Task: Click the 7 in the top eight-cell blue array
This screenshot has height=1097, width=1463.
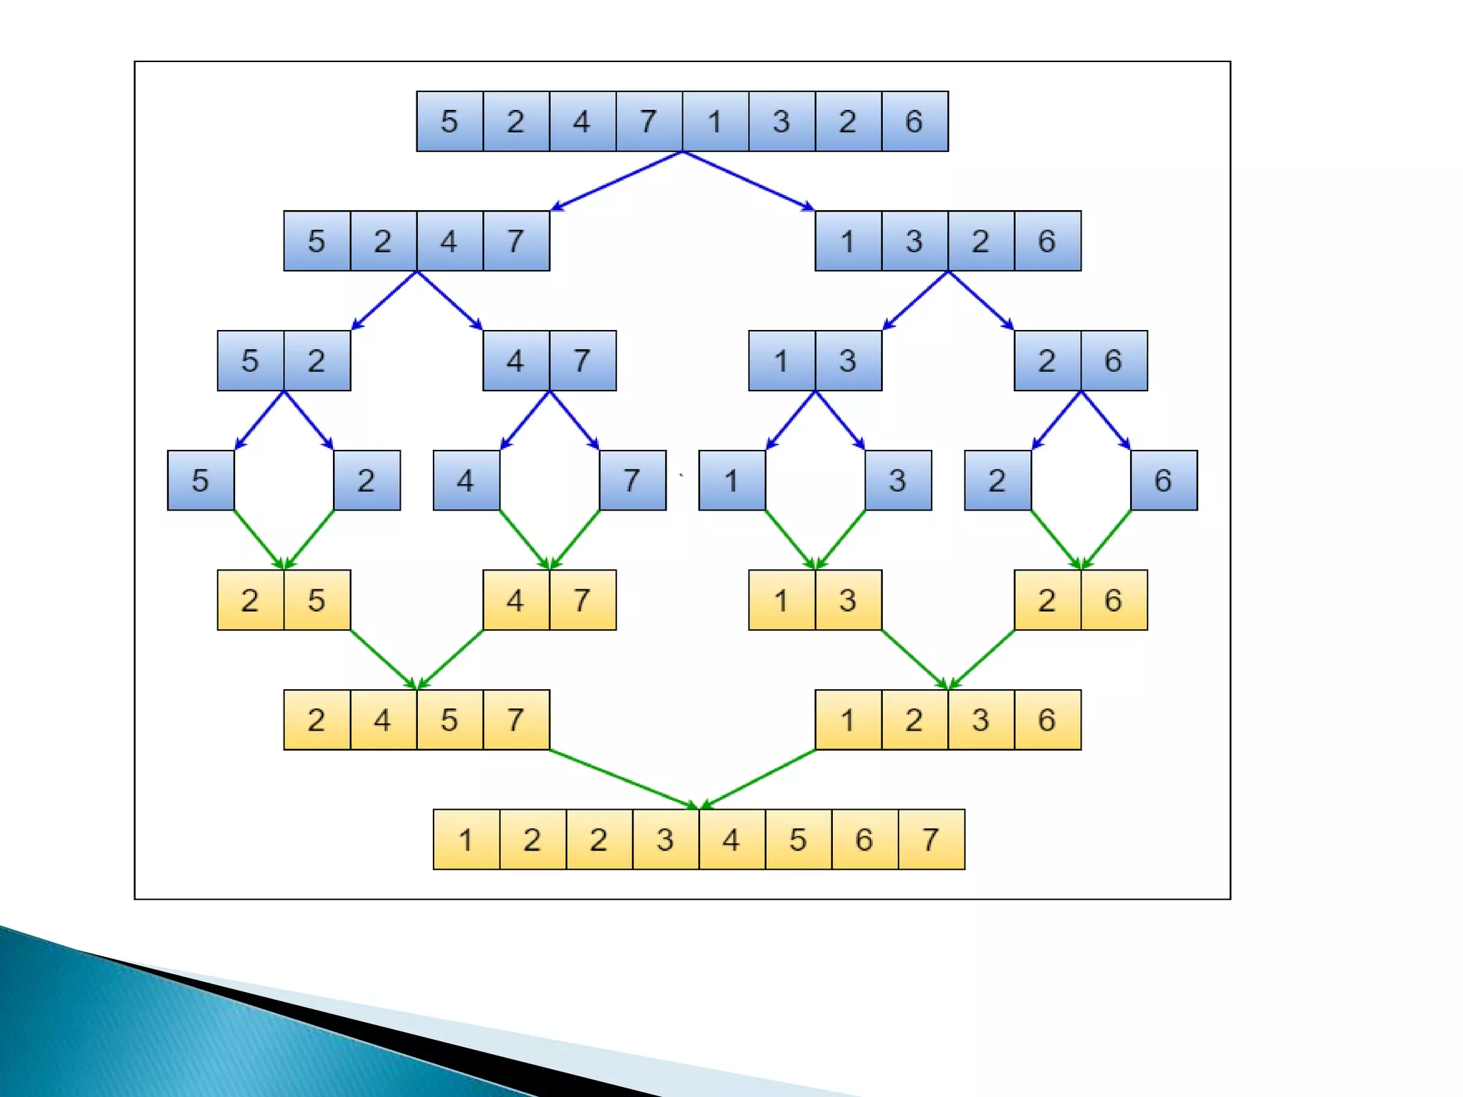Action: click(x=649, y=121)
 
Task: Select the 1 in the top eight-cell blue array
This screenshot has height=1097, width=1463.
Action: click(x=715, y=121)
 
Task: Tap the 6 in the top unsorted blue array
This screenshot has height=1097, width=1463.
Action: click(x=914, y=121)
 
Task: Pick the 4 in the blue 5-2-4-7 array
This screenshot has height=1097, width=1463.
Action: click(x=449, y=241)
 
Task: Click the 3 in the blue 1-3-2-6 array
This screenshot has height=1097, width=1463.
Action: click(x=914, y=241)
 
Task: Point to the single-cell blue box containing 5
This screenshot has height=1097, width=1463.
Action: click(x=201, y=481)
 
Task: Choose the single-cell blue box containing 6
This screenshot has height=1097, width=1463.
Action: click(x=1164, y=481)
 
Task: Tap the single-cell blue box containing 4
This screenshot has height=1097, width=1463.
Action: click(x=466, y=481)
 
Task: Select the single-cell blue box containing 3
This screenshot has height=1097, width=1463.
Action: click(x=898, y=481)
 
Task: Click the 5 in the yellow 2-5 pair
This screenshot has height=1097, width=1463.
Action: click(x=316, y=601)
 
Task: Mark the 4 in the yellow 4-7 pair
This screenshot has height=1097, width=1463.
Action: click(x=516, y=601)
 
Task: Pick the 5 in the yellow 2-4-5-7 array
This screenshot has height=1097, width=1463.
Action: click(x=449, y=720)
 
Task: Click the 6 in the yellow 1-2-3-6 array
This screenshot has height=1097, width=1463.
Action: click(x=1047, y=720)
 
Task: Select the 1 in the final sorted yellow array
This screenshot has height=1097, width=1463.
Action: click(x=466, y=840)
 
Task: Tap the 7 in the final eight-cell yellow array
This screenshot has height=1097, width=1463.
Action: click(x=931, y=840)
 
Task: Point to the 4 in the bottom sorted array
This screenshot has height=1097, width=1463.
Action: click(x=731, y=840)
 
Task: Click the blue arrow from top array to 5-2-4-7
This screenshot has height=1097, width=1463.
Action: click(x=617, y=181)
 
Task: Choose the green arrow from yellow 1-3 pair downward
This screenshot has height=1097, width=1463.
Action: click(x=915, y=660)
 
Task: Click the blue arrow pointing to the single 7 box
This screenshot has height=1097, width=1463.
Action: click(x=574, y=421)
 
